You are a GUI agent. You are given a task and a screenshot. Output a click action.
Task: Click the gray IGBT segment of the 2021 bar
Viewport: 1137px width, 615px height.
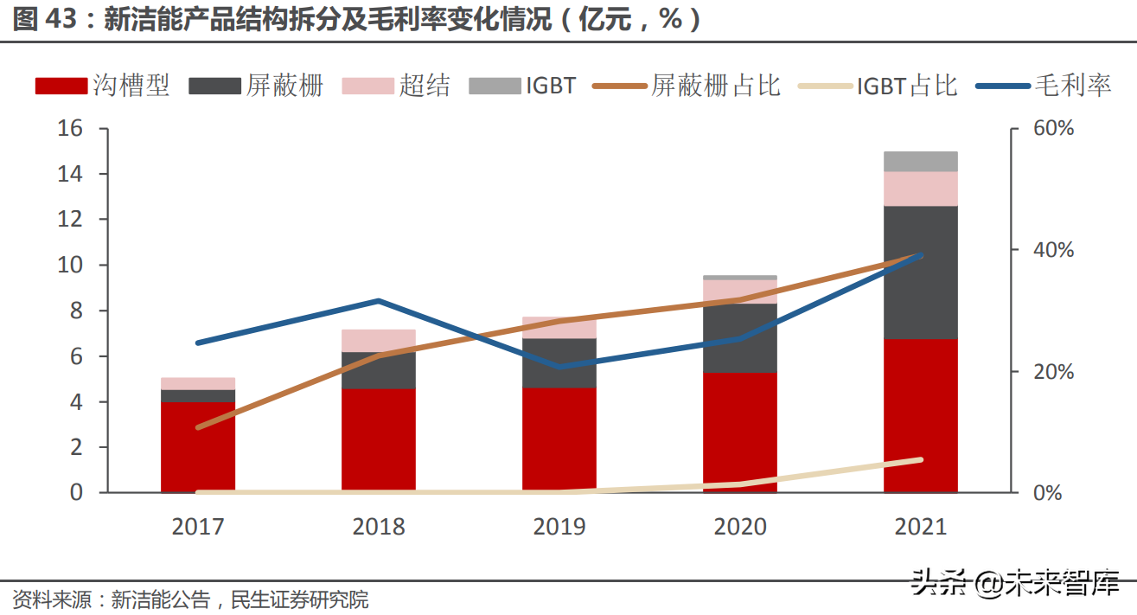pyautogui.click(x=921, y=161)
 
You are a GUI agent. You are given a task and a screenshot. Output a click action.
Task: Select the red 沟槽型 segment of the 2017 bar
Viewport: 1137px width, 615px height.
pyautogui.click(x=198, y=446)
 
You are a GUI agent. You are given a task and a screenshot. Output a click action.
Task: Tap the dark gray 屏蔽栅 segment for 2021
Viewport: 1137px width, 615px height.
pyautogui.click(x=921, y=272)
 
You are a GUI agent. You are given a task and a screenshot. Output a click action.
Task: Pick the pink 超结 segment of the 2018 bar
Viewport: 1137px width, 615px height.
pyautogui.click(x=379, y=340)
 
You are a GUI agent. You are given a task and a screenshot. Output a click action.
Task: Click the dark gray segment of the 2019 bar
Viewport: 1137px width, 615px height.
pyautogui.click(x=559, y=362)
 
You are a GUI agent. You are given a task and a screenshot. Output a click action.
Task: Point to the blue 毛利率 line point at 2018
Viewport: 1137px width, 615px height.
pyautogui.click(x=378, y=301)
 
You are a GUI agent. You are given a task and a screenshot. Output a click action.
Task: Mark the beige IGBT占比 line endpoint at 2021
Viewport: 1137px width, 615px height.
pyautogui.click(x=920, y=459)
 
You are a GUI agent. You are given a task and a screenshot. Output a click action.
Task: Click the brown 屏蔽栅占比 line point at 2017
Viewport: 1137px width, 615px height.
pyautogui.click(x=199, y=427)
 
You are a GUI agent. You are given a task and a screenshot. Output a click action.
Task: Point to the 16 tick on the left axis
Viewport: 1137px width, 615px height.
pyautogui.click(x=70, y=128)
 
